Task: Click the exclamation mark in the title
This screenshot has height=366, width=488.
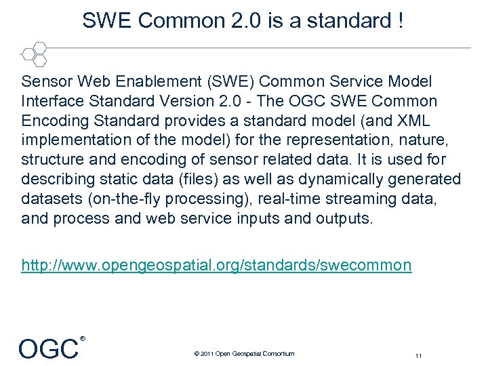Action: tap(401, 21)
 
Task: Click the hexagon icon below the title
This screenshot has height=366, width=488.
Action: tap(34, 54)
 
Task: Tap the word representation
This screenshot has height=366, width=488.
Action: tap(309, 141)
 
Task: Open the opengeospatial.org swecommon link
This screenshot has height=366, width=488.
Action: tap(216, 264)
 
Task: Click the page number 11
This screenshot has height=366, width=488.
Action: tap(419, 354)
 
